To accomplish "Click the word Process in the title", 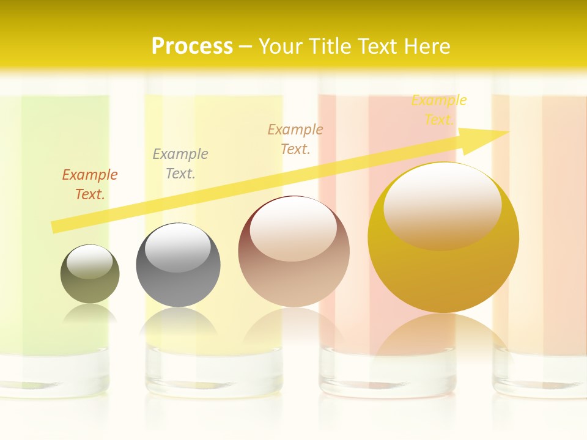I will [x=192, y=46].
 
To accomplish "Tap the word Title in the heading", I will [x=331, y=46].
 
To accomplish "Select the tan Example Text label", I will [x=295, y=139].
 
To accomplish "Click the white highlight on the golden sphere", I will [x=442, y=205].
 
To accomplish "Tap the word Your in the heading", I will [x=279, y=46].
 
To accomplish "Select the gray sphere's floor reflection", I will [x=178, y=321].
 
